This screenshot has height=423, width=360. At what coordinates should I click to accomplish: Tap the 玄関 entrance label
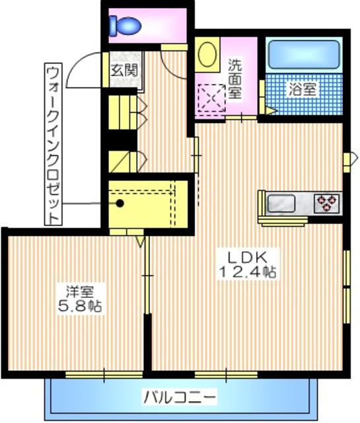pos(124,71)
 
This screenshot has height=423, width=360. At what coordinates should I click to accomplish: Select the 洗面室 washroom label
pos(235,79)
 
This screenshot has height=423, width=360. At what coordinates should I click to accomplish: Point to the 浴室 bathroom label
pos(303,89)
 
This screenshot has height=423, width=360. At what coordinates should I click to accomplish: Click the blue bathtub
pos(304,54)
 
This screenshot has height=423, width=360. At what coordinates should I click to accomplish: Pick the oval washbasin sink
pos(207,54)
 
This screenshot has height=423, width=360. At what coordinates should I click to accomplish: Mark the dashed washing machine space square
pos(212,98)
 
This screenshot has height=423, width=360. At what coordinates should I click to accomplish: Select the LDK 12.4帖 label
pos(248,264)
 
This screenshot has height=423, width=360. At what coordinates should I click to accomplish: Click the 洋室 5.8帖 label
pos(80,299)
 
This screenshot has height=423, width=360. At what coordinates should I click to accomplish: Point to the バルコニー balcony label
pos(180,397)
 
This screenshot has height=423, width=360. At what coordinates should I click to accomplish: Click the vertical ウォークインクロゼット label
pos(53,144)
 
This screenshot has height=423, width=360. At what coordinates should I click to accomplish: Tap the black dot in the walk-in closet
pos(120,203)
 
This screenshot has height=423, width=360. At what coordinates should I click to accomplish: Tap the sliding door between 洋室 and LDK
pos(147,275)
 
